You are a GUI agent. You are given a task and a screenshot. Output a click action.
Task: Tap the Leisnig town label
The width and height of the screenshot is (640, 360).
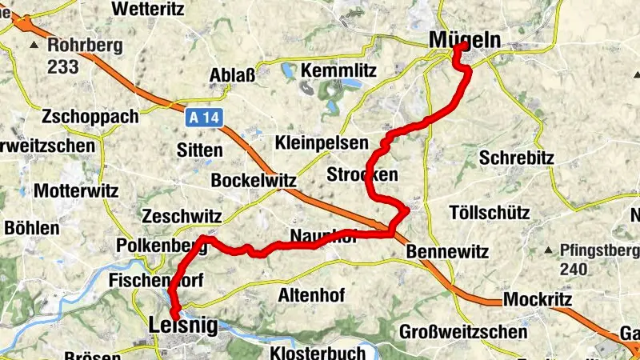[183, 325]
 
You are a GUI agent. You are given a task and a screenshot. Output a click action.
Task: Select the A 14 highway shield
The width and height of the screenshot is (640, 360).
[204, 118]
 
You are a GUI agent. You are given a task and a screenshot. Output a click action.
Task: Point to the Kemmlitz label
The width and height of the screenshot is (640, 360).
[338, 70]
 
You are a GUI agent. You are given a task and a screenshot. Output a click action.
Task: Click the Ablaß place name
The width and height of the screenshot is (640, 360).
[232, 76]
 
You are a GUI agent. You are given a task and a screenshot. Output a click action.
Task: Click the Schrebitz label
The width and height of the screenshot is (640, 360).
[517, 158]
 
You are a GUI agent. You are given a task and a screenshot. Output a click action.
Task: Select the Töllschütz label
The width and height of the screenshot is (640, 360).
[490, 214]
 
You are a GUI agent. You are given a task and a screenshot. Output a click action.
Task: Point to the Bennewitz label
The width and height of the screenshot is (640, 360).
[447, 251]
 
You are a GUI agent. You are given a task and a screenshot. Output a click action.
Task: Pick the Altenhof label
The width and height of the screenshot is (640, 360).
[311, 295]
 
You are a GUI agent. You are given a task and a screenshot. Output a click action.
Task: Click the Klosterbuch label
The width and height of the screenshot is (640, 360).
[318, 352]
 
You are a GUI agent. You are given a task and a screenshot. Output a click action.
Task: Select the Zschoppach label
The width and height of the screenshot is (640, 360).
[91, 116]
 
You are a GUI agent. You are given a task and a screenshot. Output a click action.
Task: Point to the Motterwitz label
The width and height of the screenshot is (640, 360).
[76, 192]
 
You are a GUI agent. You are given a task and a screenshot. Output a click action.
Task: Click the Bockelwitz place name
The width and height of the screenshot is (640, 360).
[254, 180]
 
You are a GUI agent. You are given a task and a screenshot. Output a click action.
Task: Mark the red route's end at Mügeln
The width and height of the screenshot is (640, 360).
[462, 46]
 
